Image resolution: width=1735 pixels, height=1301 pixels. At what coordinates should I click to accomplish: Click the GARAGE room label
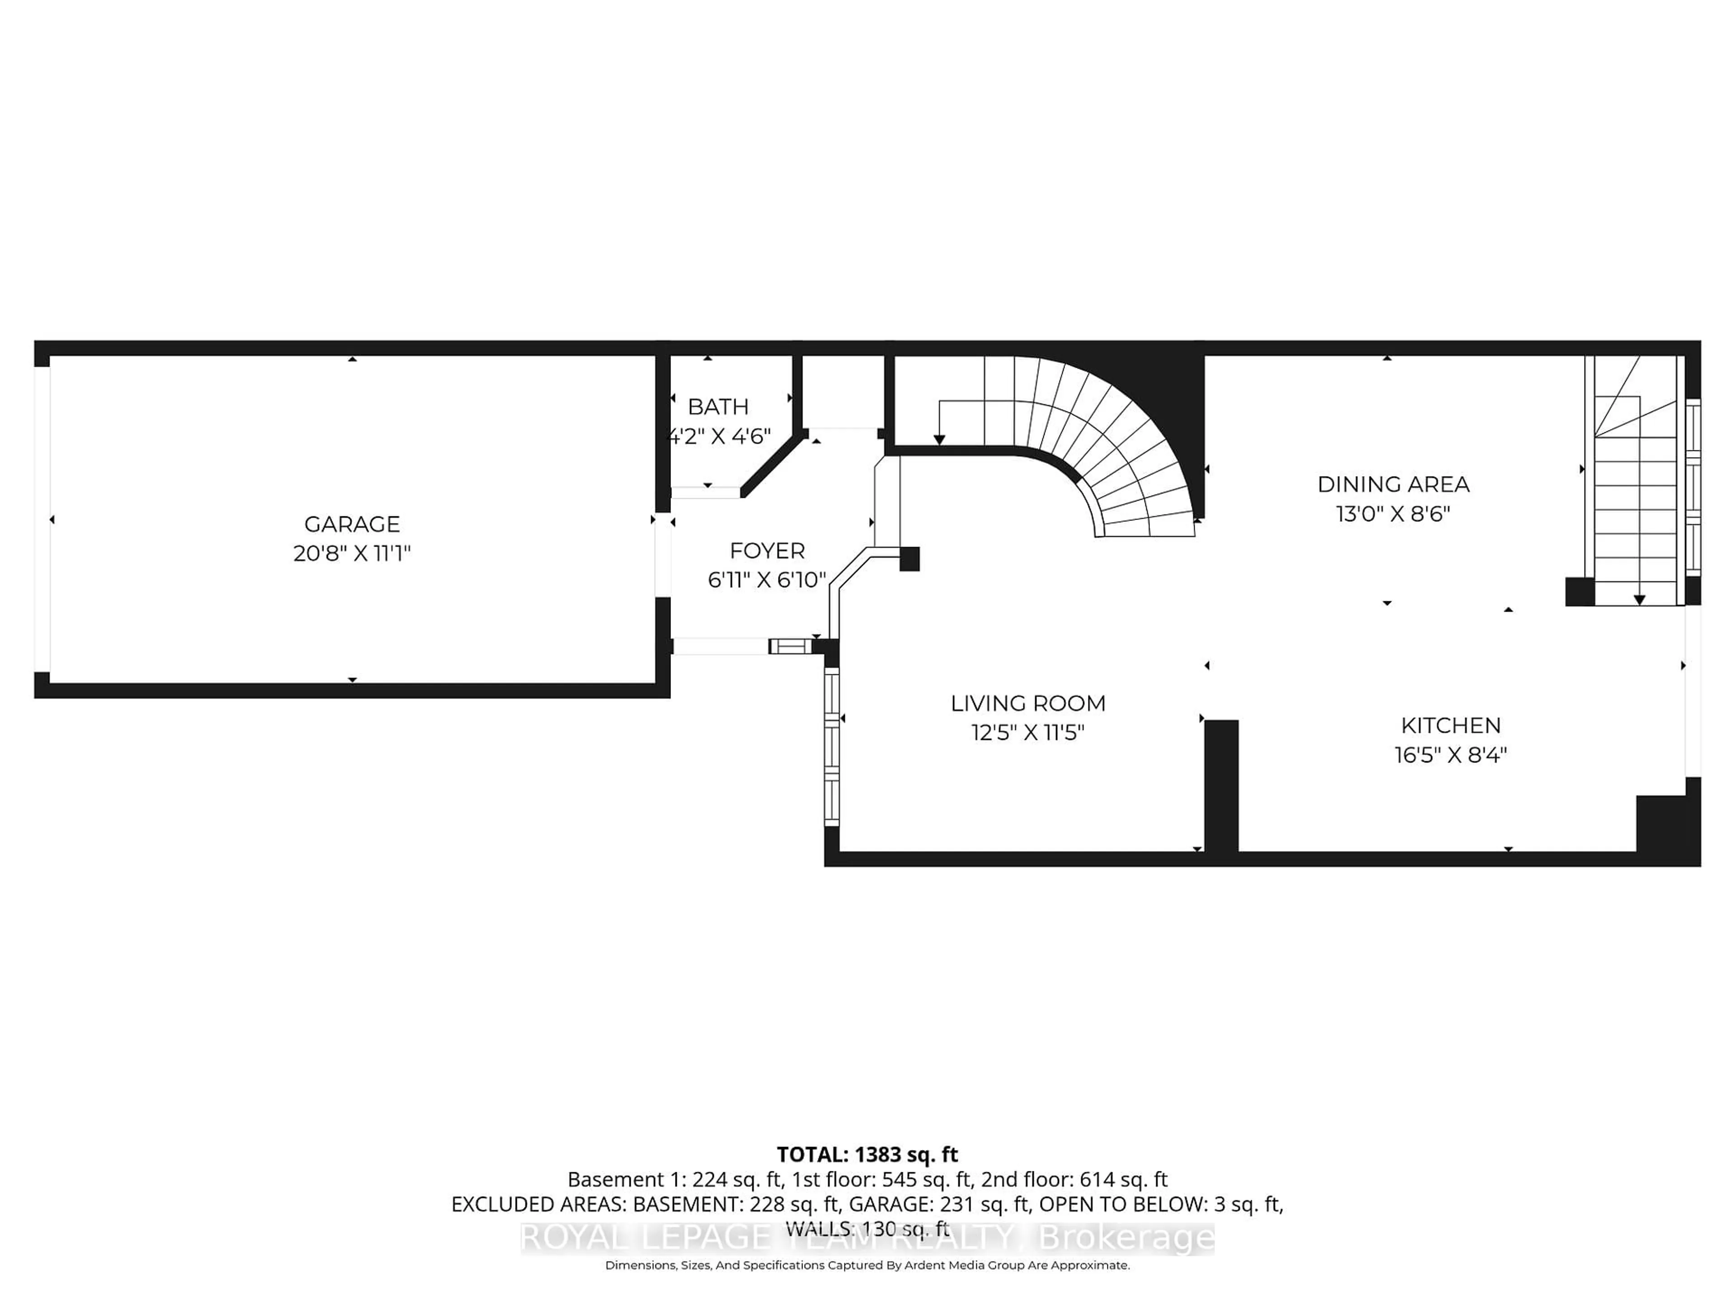tap(352, 524)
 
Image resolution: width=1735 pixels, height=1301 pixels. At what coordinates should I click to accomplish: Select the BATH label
tap(717, 406)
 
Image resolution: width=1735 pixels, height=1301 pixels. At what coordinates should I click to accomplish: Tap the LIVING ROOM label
tap(1027, 703)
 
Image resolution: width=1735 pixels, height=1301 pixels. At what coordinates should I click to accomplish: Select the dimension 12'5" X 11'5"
tap(1027, 732)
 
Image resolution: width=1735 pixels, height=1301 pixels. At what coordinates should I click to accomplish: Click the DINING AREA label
tap(1393, 484)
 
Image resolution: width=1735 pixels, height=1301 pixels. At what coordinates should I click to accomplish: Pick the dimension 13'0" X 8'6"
tap(1393, 514)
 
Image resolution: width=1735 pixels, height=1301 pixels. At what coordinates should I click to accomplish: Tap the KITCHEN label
tap(1450, 725)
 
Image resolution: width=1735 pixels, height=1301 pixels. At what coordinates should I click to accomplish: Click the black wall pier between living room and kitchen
tap(1220, 784)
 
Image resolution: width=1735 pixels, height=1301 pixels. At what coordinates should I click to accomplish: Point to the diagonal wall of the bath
tap(773, 467)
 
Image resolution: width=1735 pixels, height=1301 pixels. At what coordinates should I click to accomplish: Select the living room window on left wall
tap(831, 745)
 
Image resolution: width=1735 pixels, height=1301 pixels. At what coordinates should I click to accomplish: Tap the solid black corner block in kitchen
tap(1667, 824)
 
